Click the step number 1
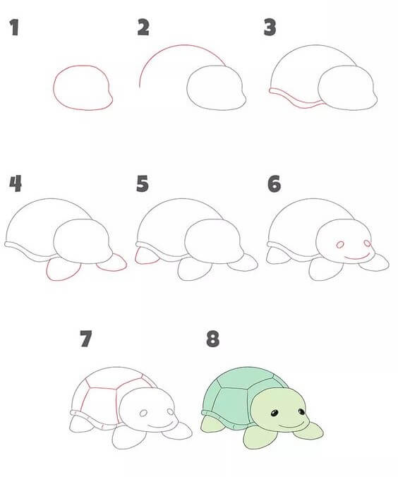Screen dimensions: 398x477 tap(14, 28)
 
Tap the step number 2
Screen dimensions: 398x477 tap(143, 27)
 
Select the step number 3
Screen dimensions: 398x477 tap(270, 28)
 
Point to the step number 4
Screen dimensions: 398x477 tap(16, 183)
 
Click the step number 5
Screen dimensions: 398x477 tap(143, 183)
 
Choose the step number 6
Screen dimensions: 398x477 tap(275, 183)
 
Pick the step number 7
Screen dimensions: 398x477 tap(86, 339)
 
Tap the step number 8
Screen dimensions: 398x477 tap(212, 339)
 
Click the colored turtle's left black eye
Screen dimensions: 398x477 tap(275, 413)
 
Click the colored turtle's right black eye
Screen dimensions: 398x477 tap(301, 411)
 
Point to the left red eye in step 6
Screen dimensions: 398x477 tap(340, 245)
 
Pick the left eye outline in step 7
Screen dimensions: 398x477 tap(143, 413)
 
